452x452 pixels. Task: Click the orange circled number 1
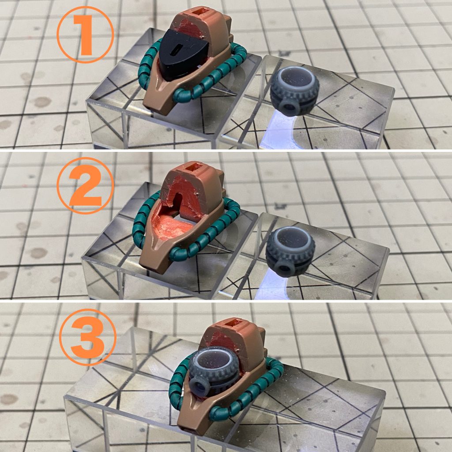[x=85, y=34]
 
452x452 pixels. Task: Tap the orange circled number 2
[x=85, y=186]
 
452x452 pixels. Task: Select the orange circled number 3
[x=88, y=337]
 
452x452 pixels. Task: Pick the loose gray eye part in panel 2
[x=290, y=251]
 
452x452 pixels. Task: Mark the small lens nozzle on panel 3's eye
[x=199, y=386]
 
